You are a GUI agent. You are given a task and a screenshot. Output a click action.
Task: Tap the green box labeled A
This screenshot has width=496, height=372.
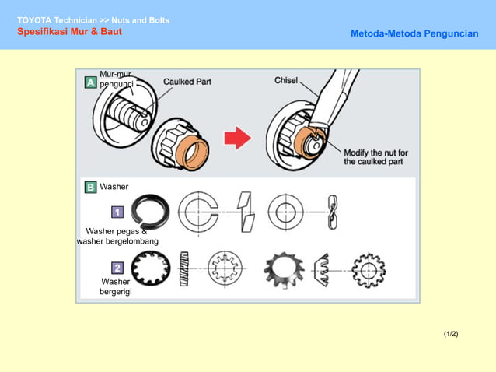click(91, 82)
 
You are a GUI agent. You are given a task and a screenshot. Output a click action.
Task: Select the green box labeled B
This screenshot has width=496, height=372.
click(90, 187)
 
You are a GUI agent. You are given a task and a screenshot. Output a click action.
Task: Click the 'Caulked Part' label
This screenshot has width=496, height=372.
click(187, 81)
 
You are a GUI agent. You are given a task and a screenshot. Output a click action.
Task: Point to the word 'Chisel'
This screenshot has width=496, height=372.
click(286, 80)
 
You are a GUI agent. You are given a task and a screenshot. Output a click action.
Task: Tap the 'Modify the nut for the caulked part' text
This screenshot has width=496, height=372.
click(375, 157)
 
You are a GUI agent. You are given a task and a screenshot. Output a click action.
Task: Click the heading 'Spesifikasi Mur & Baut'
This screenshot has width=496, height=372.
click(69, 32)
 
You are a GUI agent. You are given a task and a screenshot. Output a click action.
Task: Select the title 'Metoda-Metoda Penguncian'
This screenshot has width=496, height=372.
click(414, 34)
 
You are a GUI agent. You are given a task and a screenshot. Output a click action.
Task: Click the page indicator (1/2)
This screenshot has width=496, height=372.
click(451, 334)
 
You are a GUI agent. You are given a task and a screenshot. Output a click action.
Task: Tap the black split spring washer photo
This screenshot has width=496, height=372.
click(149, 211)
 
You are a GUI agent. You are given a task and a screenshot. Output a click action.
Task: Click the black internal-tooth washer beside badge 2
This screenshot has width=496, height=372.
click(151, 269)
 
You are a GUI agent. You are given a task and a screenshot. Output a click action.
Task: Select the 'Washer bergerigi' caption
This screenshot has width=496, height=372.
click(116, 286)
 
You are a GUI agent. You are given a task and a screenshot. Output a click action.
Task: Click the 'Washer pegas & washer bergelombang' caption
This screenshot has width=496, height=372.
click(117, 236)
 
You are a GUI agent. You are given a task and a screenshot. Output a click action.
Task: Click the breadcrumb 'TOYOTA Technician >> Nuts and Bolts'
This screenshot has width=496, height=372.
click(93, 19)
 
